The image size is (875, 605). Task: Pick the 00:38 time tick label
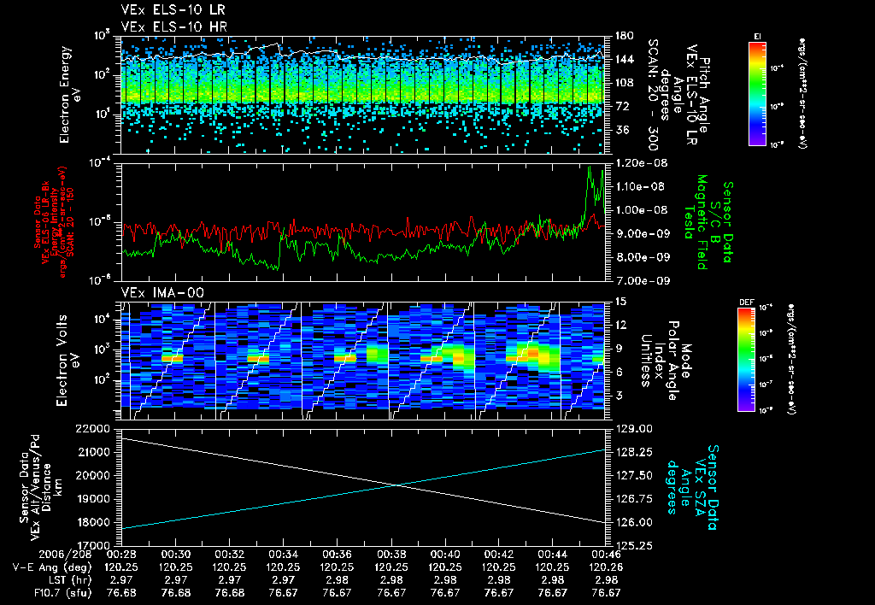click(x=391, y=554)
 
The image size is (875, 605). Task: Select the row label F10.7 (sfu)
click(x=34, y=592)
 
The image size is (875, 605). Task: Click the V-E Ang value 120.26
click(x=606, y=567)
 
